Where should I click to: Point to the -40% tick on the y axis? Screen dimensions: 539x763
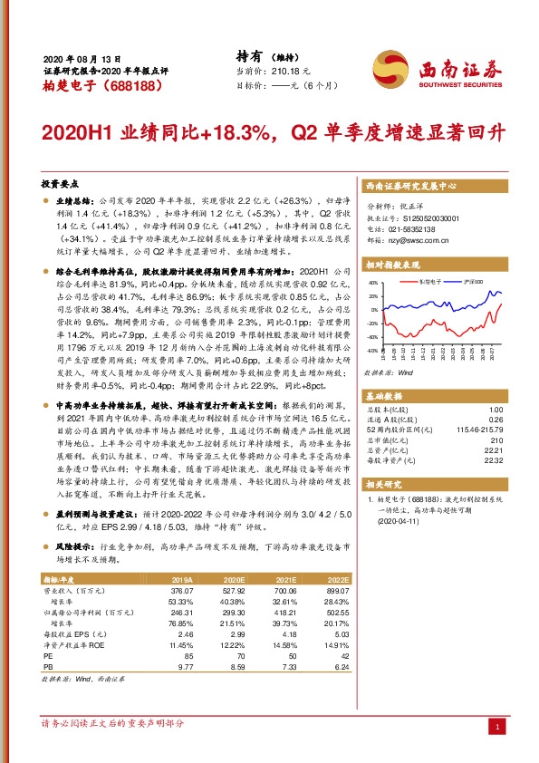(x=370, y=349)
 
